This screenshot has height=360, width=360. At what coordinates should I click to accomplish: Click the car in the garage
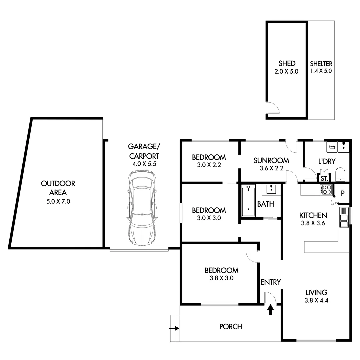pos(142,209)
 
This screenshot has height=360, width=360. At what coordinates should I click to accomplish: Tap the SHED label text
pos(287,63)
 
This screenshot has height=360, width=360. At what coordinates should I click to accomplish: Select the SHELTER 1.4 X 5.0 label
pos(321,67)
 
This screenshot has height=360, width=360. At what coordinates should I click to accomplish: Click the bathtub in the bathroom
pos(248,202)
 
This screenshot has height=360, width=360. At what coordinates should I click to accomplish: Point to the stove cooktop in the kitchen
pos(326,189)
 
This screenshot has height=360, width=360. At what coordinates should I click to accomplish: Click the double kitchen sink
pos(343,217)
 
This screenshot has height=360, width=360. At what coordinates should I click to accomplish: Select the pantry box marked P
pos(342,193)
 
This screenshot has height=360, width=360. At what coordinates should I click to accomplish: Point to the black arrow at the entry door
pos(270,309)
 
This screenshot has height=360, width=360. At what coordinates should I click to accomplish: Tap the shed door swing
pos(273,108)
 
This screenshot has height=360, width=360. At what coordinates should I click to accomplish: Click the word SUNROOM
pos(271,160)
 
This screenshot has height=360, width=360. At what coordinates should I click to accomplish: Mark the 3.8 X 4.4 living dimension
pos(316,300)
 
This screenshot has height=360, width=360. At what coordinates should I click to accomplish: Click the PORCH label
pos(230,327)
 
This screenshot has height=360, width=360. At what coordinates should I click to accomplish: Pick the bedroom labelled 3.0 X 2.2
pos(209,161)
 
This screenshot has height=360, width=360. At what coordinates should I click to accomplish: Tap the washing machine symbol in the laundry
pos(332,147)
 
